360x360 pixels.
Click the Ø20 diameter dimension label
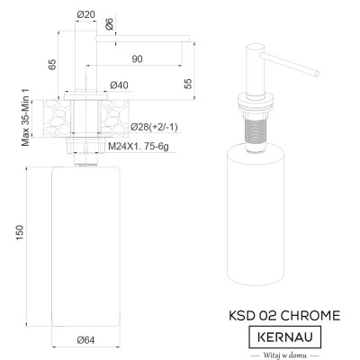click(x=85, y=14)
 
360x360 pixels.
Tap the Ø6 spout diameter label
click(x=110, y=23)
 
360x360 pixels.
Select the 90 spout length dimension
click(x=137, y=59)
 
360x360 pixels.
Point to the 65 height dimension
click(x=52, y=65)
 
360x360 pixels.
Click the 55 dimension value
click(x=188, y=84)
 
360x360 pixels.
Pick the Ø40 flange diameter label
click(x=119, y=85)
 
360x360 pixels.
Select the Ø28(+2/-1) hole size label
click(x=154, y=127)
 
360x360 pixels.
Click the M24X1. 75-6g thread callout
click(x=139, y=147)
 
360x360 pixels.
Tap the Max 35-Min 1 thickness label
click(x=26, y=117)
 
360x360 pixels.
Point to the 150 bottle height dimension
click(x=20, y=232)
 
